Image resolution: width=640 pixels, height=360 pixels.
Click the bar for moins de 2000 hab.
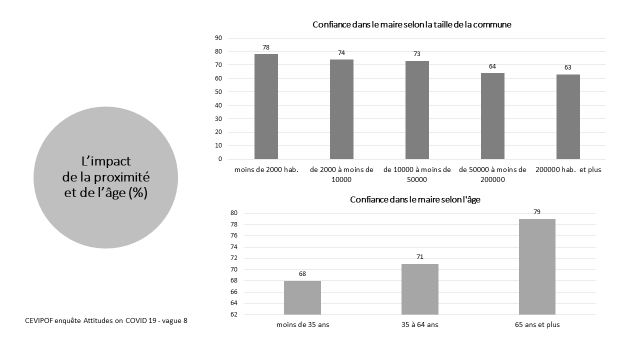[x=266, y=106]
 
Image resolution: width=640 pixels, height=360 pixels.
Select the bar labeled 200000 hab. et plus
[x=568, y=116]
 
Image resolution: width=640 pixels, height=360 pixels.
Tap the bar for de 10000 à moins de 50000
[x=417, y=110]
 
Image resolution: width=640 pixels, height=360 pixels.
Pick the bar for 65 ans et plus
[x=537, y=266]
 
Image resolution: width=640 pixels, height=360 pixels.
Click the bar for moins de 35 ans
[x=302, y=297]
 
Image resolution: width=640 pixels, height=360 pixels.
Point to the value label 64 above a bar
[x=492, y=66]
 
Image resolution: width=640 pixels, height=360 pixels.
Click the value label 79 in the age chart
[x=537, y=212]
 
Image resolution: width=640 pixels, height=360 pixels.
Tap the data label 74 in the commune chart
[x=341, y=53]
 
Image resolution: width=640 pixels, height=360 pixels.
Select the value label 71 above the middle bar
[x=420, y=257]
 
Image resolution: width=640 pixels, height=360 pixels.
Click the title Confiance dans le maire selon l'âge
[x=415, y=199]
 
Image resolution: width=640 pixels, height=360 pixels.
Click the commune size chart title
[x=412, y=24]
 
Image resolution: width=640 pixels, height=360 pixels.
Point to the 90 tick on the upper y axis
[x=218, y=38]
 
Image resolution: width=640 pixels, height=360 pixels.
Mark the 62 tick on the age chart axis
[x=220, y=314]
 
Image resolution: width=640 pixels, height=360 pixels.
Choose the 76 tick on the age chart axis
[x=220, y=235]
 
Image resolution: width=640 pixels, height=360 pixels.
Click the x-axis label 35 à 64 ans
[x=420, y=324]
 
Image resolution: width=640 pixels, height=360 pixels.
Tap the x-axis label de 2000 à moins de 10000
[x=341, y=174]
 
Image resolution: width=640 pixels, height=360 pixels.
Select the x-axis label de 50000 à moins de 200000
[x=492, y=174]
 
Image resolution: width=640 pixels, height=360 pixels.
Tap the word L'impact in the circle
[x=106, y=161]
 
